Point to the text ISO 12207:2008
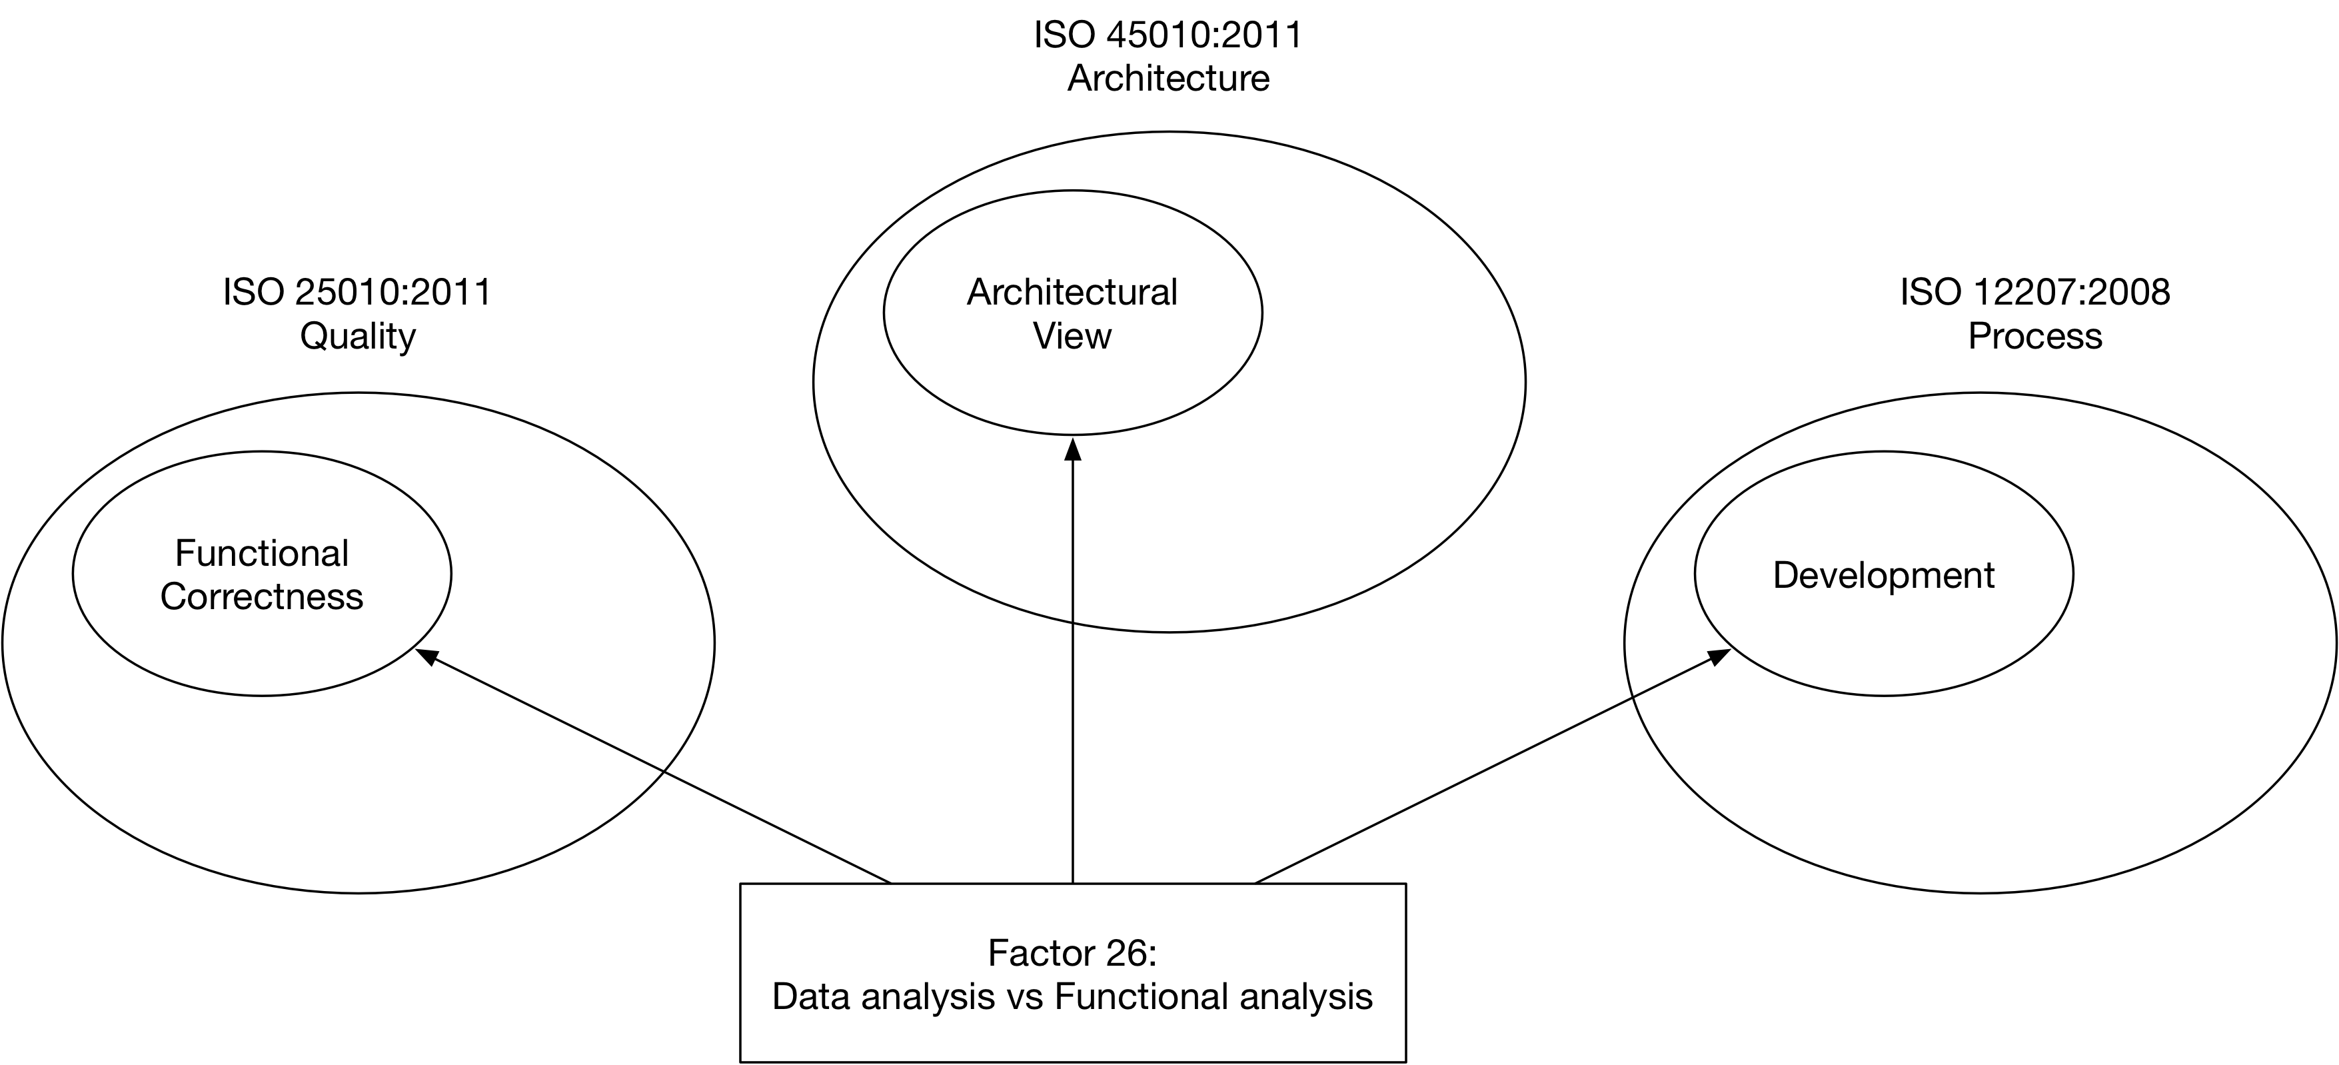tap(2035, 293)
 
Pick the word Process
tap(2035, 337)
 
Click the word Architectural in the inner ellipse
tap(1072, 293)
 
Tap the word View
tap(1072, 337)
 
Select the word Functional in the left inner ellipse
tap(261, 553)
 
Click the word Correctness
tap(261, 597)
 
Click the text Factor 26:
tap(1072, 953)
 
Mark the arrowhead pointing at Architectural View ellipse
tap(1072, 449)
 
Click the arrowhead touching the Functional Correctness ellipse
tap(426, 656)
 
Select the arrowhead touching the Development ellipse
tap(1718, 656)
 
